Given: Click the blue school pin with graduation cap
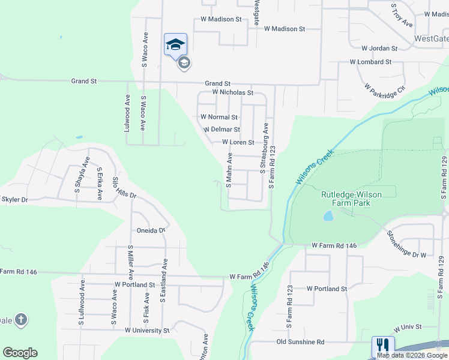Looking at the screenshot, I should point(175,45).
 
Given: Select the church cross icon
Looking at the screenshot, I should point(20,319).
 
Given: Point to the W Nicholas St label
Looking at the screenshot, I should point(233,93).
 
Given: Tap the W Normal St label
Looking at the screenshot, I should point(218,117).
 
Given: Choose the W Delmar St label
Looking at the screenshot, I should point(221,130).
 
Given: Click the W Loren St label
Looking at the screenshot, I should point(238,142).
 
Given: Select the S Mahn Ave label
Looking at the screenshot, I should point(229,170).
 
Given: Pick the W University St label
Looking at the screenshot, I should point(147,331).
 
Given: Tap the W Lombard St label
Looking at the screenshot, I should point(371,62).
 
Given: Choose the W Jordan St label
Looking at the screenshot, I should point(379,48).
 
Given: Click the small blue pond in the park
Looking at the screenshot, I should point(328,216).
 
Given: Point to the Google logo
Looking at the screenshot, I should point(20,353).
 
